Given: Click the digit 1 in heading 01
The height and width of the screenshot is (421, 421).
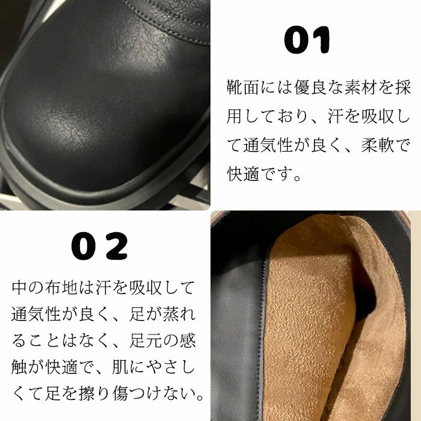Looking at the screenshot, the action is pyautogui.click(x=322, y=40).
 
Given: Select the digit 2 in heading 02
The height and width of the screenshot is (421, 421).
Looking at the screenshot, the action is pyautogui.click(x=117, y=246).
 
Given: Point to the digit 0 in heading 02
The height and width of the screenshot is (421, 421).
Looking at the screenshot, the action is pyautogui.click(x=84, y=246).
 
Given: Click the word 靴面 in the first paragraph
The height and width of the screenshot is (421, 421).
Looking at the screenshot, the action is pyautogui.click(x=242, y=87).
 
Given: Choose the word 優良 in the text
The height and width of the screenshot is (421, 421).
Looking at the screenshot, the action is pyautogui.click(x=310, y=87).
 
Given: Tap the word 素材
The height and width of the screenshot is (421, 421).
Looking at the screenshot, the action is pyautogui.click(x=361, y=87).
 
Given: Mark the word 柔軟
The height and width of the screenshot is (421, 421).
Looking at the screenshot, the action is pyautogui.click(x=377, y=146).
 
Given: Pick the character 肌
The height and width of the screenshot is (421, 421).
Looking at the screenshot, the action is pyautogui.click(x=120, y=367).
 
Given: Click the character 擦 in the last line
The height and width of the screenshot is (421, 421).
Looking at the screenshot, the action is pyautogui.click(x=87, y=393).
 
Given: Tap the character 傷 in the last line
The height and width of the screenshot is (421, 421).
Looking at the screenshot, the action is pyautogui.click(x=120, y=393).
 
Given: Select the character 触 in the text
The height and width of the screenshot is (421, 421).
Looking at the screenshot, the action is pyautogui.click(x=19, y=367).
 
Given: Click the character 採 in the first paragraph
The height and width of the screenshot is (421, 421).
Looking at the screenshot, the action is pyautogui.click(x=402, y=87).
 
